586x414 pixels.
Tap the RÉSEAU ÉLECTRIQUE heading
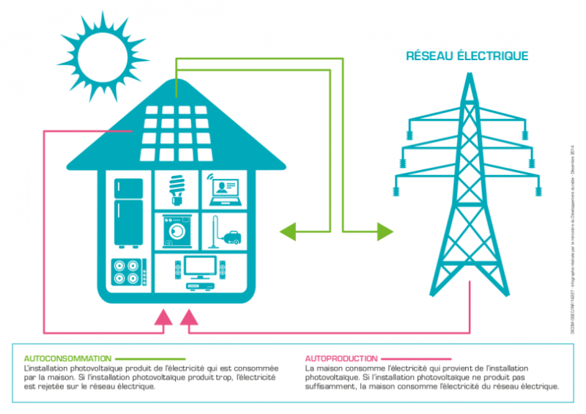point(467,56)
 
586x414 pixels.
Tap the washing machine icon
point(177,232)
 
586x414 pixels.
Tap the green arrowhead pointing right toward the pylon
point(385,232)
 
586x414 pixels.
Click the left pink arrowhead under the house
point(163,317)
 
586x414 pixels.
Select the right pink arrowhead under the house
point(189,317)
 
